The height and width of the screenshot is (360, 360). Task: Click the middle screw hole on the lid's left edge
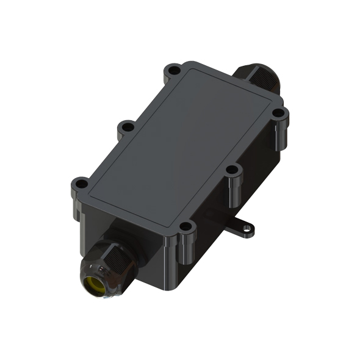pyautogui.click(x=127, y=127)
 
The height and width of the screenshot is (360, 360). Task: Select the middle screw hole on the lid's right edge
pyautogui.click(x=232, y=170)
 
